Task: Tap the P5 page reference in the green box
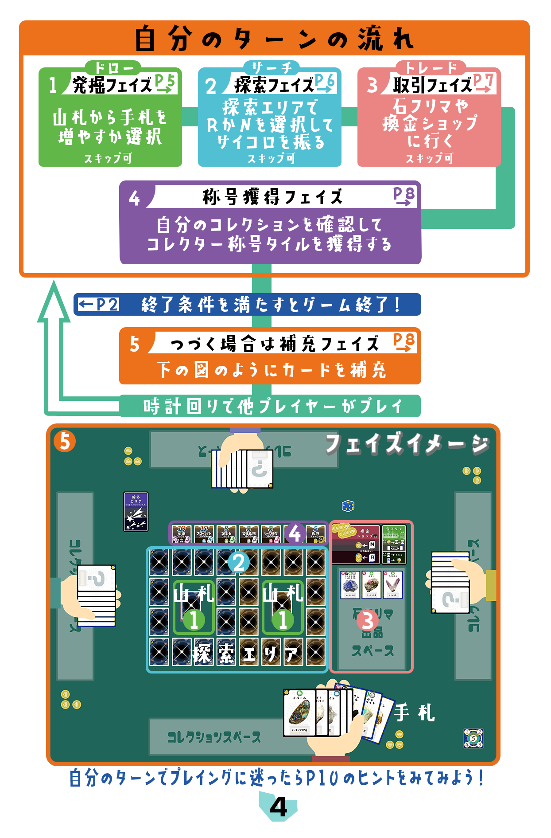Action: click(x=165, y=83)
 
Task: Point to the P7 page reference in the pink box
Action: click(x=484, y=83)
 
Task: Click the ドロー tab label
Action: click(x=113, y=68)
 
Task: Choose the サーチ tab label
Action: click(x=272, y=68)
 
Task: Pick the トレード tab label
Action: click(x=431, y=68)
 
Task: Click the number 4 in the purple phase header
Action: click(x=134, y=198)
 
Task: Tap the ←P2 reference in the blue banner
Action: click(x=98, y=305)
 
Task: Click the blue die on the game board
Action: click(x=348, y=505)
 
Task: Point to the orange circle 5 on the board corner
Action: click(x=65, y=442)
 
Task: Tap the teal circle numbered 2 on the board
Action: click(x=239, y=563)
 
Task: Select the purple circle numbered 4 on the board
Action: click(x=295, y=534)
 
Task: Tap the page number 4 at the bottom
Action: click(x=278, y=807)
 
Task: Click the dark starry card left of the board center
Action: click(x=136, y=512)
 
